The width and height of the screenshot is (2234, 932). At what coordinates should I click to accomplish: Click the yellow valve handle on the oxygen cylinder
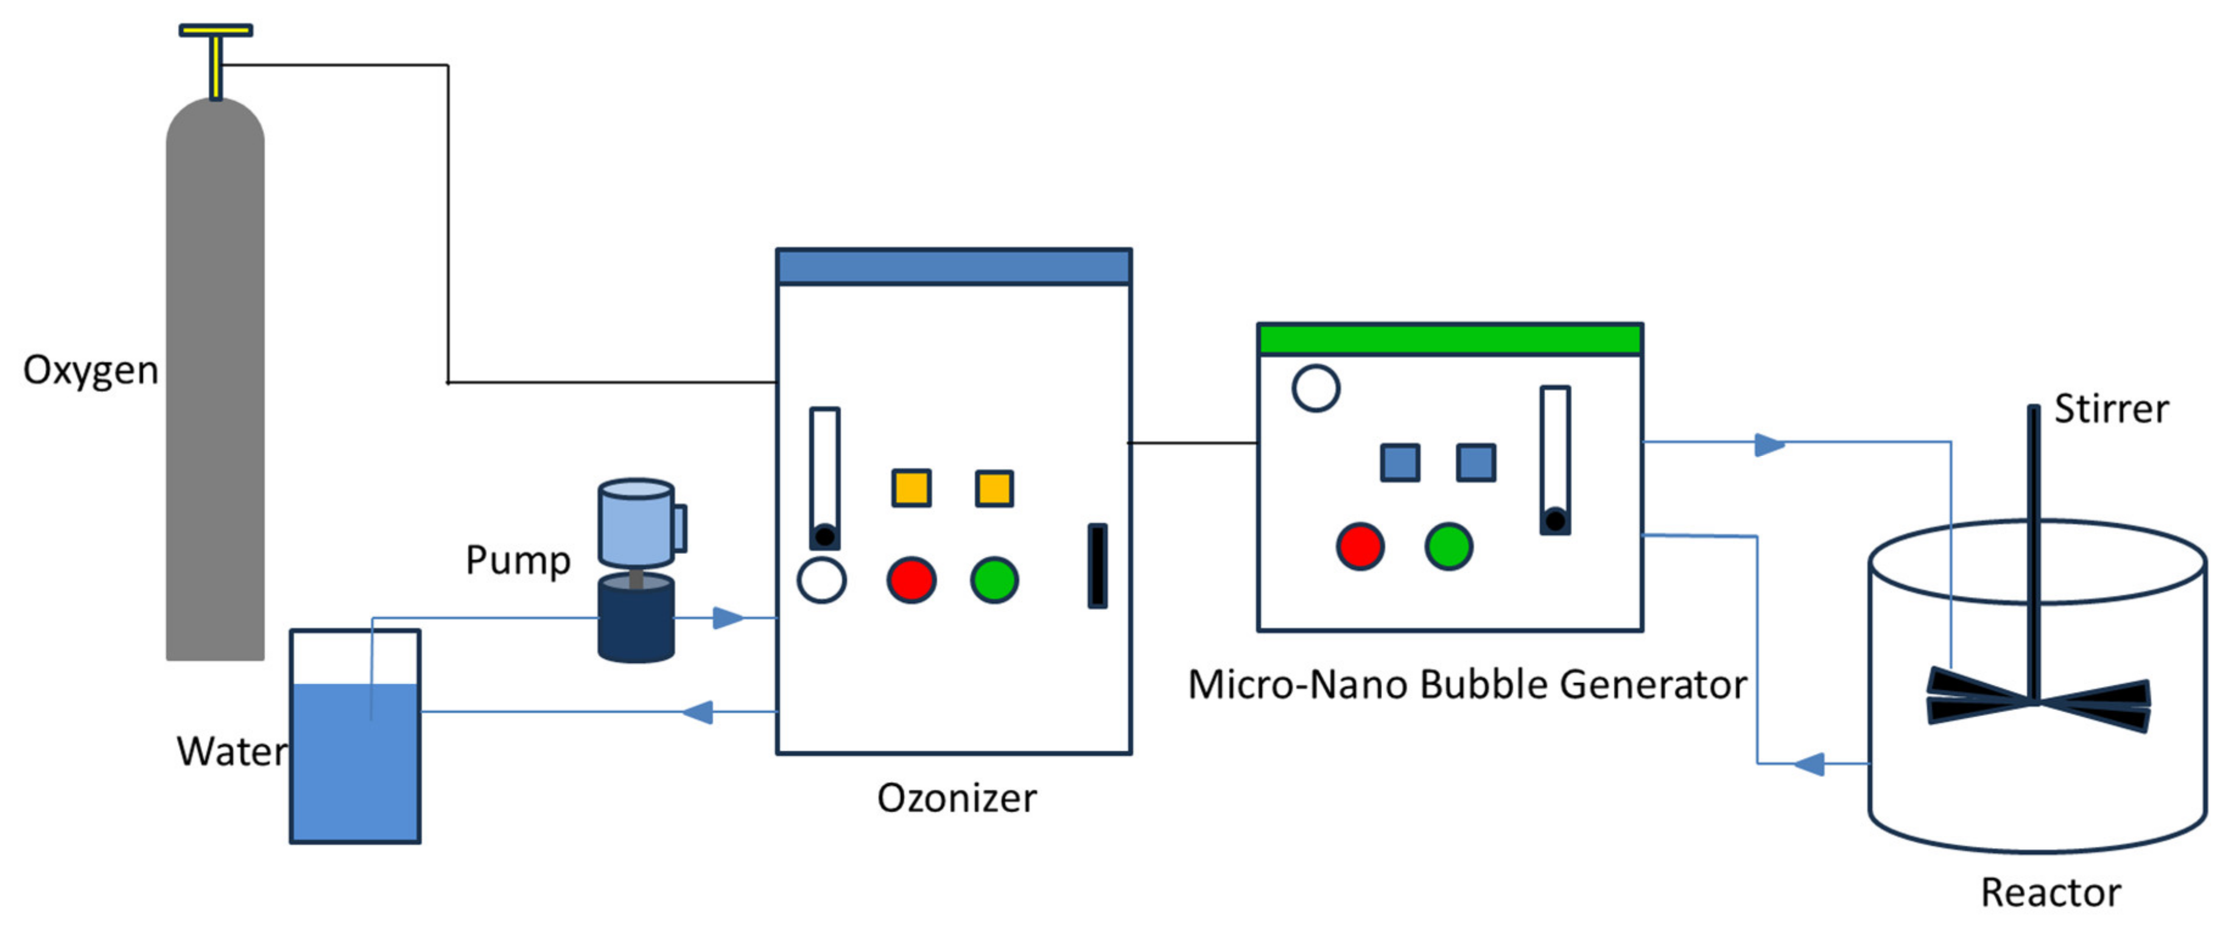215,31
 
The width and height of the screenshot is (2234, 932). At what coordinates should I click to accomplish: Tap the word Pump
518,560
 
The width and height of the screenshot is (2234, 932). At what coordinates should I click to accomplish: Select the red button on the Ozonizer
911,580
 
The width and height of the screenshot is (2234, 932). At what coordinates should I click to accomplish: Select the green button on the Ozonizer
994,580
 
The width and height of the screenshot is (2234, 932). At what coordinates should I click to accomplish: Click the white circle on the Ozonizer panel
821,580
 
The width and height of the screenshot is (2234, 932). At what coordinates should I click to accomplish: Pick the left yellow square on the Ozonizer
912,488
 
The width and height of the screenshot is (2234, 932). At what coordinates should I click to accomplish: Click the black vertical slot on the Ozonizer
1097,566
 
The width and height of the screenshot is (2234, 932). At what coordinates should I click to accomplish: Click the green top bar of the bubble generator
1449,339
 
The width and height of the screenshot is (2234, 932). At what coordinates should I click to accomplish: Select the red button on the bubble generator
1360,546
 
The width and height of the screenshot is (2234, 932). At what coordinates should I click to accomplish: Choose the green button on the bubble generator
1449,546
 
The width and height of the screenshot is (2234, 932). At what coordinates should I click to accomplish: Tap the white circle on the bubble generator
1316,388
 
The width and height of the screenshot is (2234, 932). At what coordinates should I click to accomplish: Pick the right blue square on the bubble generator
1475,462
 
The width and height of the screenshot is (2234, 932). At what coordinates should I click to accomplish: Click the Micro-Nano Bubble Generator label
1466,685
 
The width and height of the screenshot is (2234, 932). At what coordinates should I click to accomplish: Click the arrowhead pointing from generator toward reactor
1768,445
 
